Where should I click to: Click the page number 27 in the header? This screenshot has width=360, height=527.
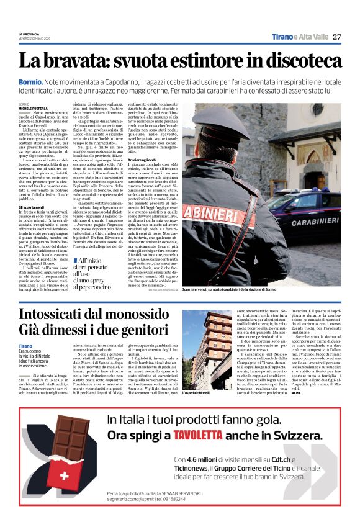[x=336, y=37]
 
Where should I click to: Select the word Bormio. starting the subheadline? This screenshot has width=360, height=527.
[x=31, y=82]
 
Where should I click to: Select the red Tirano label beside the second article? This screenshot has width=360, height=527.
[x=25, y=345]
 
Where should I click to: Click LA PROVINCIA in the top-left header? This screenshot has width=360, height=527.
[x=29, y=34]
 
